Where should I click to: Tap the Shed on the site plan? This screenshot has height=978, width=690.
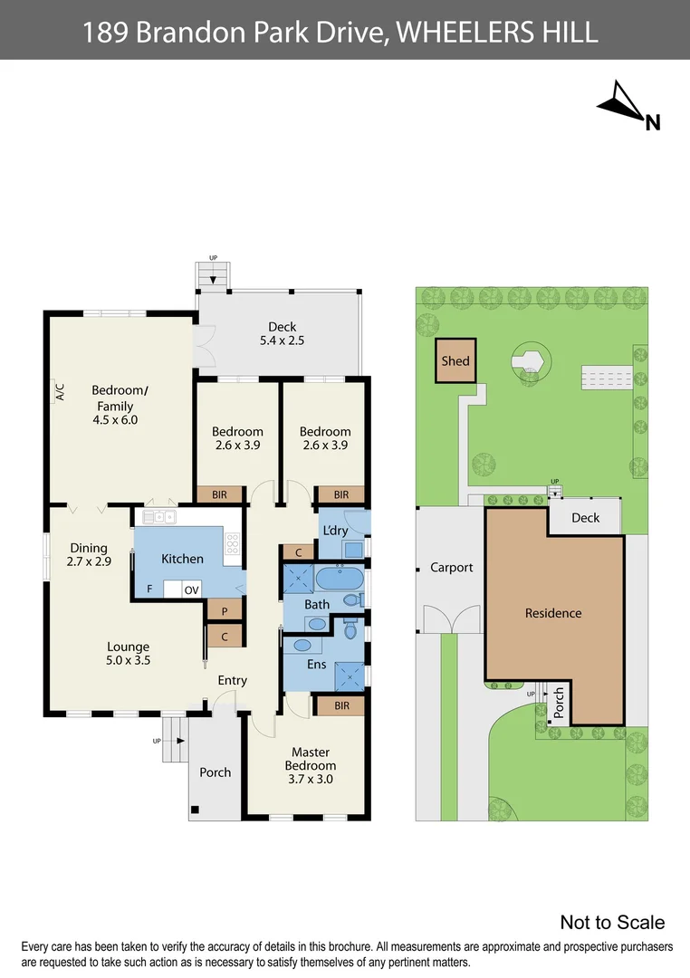coord(455,360)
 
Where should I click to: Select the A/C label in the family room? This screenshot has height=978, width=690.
coord(60,392)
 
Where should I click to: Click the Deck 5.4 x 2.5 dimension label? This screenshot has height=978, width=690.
coord(282,335)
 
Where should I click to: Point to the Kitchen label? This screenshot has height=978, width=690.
coord(182,559)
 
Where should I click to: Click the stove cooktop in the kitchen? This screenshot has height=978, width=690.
coord(232,543)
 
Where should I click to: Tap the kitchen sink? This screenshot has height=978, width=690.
coord(159,517)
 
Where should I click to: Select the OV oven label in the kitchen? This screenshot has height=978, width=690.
coord(192,590)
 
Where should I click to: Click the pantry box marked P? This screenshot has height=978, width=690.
coord(224,611)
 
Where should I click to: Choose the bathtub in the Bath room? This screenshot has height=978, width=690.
coord(340,579)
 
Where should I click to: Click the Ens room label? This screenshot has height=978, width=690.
coord(316,665)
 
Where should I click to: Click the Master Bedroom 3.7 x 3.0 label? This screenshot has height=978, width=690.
coord(311,765)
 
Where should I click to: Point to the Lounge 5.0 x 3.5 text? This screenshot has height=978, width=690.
coord(129,654)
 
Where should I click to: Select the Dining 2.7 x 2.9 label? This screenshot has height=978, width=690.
coord(89,554)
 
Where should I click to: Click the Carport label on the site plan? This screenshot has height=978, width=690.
coord(451,568)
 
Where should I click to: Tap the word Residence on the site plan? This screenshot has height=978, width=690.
coord(553,613)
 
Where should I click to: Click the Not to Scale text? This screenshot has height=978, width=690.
coord(612,922)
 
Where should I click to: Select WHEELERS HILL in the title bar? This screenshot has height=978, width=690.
coord(498,33)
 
